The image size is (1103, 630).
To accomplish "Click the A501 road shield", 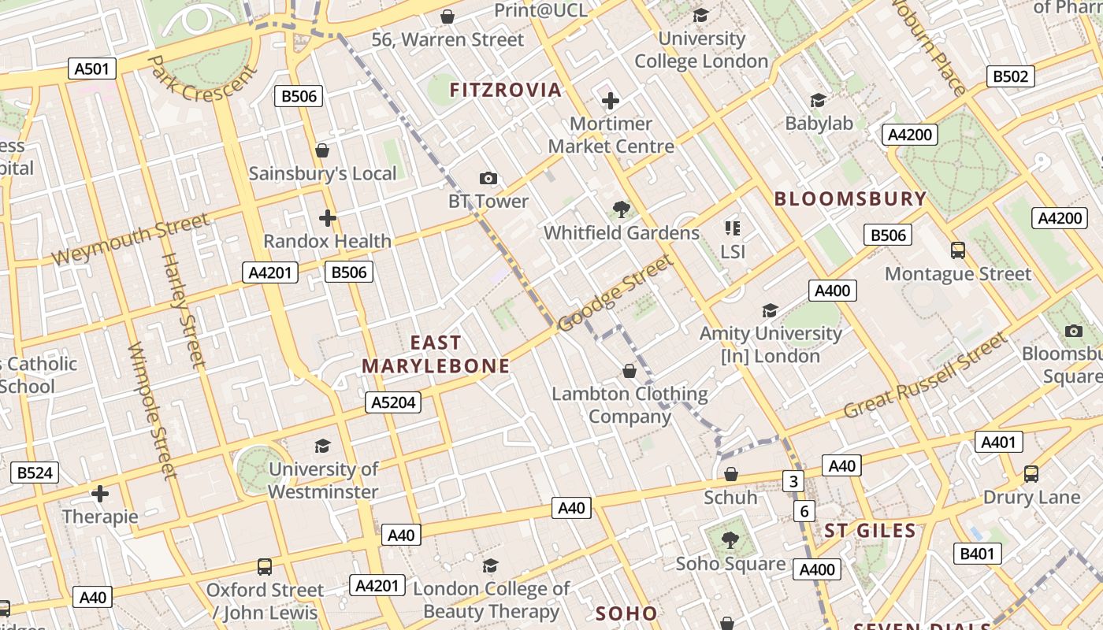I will point(91,69).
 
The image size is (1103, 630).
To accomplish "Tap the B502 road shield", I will point(1010,76).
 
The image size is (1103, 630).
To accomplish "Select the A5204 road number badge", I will point(393,402).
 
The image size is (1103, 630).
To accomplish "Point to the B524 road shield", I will point(35,472).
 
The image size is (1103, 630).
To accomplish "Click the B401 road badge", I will point(977,554).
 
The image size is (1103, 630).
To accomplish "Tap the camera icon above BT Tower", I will point(488,179).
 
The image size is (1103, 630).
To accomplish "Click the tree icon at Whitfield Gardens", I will point(621,209).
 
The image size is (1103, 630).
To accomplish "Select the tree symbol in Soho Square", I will point(730,540).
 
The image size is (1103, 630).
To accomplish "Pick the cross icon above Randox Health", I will point(328,218).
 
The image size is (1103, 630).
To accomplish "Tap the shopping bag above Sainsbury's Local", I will point(321,150).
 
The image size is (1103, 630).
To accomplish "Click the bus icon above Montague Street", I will point(958,250).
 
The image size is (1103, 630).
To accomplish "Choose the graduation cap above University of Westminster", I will point(322,447).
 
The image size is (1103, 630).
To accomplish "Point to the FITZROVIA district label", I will point(506,90).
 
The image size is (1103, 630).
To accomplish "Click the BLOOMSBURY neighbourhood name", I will point(850,198).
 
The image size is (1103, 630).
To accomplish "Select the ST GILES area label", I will point(870,531).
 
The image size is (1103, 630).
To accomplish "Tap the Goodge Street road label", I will point(615,293).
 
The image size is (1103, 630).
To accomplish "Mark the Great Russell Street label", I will point(925,376).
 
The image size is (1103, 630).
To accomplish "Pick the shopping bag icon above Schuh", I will point(731,474).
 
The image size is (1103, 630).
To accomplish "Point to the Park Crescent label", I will point(202,79).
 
